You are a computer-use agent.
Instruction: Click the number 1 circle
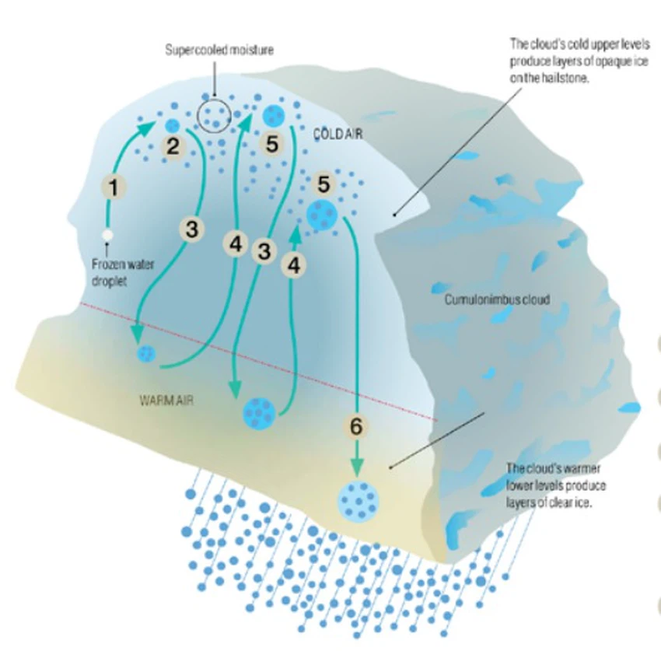114,187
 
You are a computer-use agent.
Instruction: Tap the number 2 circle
173,145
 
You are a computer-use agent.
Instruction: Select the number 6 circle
356,426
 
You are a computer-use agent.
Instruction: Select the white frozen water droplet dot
108,233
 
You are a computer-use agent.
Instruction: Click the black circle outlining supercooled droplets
213,117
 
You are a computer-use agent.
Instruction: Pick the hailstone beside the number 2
173,124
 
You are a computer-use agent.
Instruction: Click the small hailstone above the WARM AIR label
145,355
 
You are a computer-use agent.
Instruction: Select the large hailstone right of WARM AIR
258,411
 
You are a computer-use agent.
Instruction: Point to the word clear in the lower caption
561,502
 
